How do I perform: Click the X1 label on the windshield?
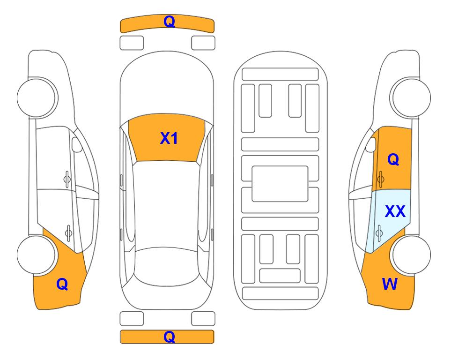click(x=169, y=138)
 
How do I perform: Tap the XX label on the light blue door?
click(x=395, y=211)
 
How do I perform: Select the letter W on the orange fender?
click(x=390, y=284)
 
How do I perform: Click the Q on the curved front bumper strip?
click(x=169, y=22)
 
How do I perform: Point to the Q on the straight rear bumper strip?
click(x=169, y=337)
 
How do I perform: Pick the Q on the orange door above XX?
click(x=393, y=159)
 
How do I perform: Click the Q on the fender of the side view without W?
click(x=62, y=284)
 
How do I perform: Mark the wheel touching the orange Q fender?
click(x=36, y=255)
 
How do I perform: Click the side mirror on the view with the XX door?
click(x=371, y=144)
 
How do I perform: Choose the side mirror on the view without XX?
click(x=76, y=144)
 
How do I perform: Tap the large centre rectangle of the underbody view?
click(x=280, y=184)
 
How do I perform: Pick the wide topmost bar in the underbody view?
click(x=280, y=75)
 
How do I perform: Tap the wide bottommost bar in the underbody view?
click(x=281, y=293)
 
